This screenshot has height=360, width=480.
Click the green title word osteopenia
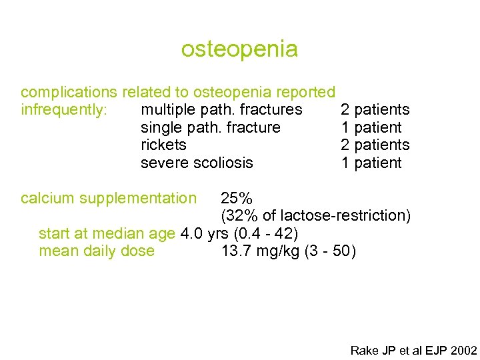point(239,49)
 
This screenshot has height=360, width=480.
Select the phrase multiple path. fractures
point(221,109)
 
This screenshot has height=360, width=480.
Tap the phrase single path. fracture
point(211,127)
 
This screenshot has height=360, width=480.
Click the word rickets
point(163,145)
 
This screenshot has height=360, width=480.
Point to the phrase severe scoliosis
point(197,163)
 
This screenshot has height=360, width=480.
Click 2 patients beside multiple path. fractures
point(375,109)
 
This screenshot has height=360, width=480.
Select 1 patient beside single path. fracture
point(371,127)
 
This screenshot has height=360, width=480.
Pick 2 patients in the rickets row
point(375,145)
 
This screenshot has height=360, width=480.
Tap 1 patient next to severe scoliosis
point(371,163)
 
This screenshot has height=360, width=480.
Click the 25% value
point(237,198)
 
